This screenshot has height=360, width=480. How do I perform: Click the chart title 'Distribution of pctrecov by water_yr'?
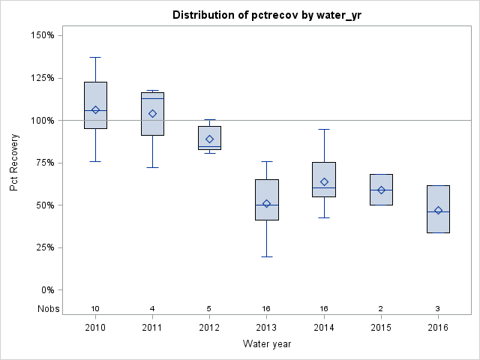pyautogui.click(x=266, y=15)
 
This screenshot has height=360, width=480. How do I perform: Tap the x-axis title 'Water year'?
pyautogui.click(x=266, y=343)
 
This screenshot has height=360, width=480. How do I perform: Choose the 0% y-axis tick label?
pyautogui.click(x=46, y=290)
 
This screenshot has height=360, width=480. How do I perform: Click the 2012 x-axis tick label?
pyautogui.click(x=209, y=328)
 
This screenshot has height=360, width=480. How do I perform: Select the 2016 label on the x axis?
pyautogui.click(x=438, y=328)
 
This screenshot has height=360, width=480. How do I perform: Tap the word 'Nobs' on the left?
pyautogui.click(x=46, y=309)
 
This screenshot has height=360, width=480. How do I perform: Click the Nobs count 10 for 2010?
pyautogui.click(x=95, y=309)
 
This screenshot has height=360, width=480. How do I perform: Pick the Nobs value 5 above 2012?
pyautogui.click(x=209, y=309)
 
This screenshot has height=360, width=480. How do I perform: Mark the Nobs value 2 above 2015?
pyautogui.click(x=381, y=309)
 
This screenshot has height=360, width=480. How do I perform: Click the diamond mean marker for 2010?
pyautogui.click(x=95, y=110)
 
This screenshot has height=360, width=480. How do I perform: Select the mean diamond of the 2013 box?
pyautogui.click(x=266, y=204)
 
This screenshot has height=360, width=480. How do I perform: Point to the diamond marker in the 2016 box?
pyautogui.click(x=438, y=211)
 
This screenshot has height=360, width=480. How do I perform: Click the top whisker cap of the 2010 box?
pyautogui.click(x=95, y=57)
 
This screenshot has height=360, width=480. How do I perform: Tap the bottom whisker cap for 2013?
pyautogui.click(x=266, y=256)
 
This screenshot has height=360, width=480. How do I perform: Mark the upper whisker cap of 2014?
pyautogui.click(x=324, y=129)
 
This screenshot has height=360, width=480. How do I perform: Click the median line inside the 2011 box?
pyautogui.click(x=152, y=98)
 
